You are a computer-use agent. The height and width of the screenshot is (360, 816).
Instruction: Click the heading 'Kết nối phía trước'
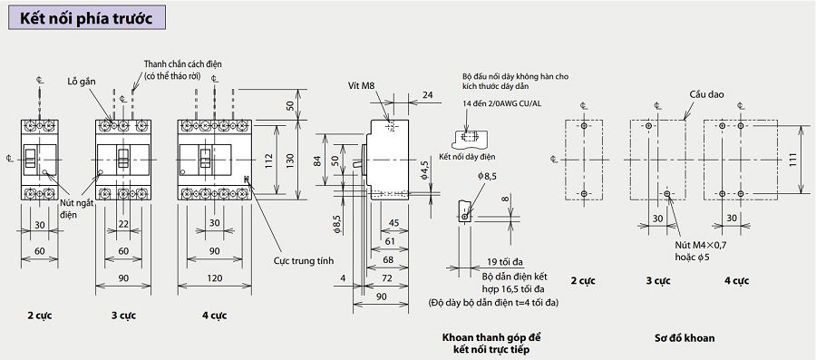(86, 18)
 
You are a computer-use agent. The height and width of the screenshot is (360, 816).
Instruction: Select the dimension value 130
(291, 161)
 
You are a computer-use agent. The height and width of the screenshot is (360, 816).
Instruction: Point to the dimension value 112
(268, 158)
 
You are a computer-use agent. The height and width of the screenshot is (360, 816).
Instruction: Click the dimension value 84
(317, 161)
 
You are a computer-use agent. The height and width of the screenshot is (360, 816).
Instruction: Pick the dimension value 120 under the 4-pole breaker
(214, 278)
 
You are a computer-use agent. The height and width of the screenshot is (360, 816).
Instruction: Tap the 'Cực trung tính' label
(304, 260)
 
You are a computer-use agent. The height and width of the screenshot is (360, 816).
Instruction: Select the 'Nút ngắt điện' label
(76, 208)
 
